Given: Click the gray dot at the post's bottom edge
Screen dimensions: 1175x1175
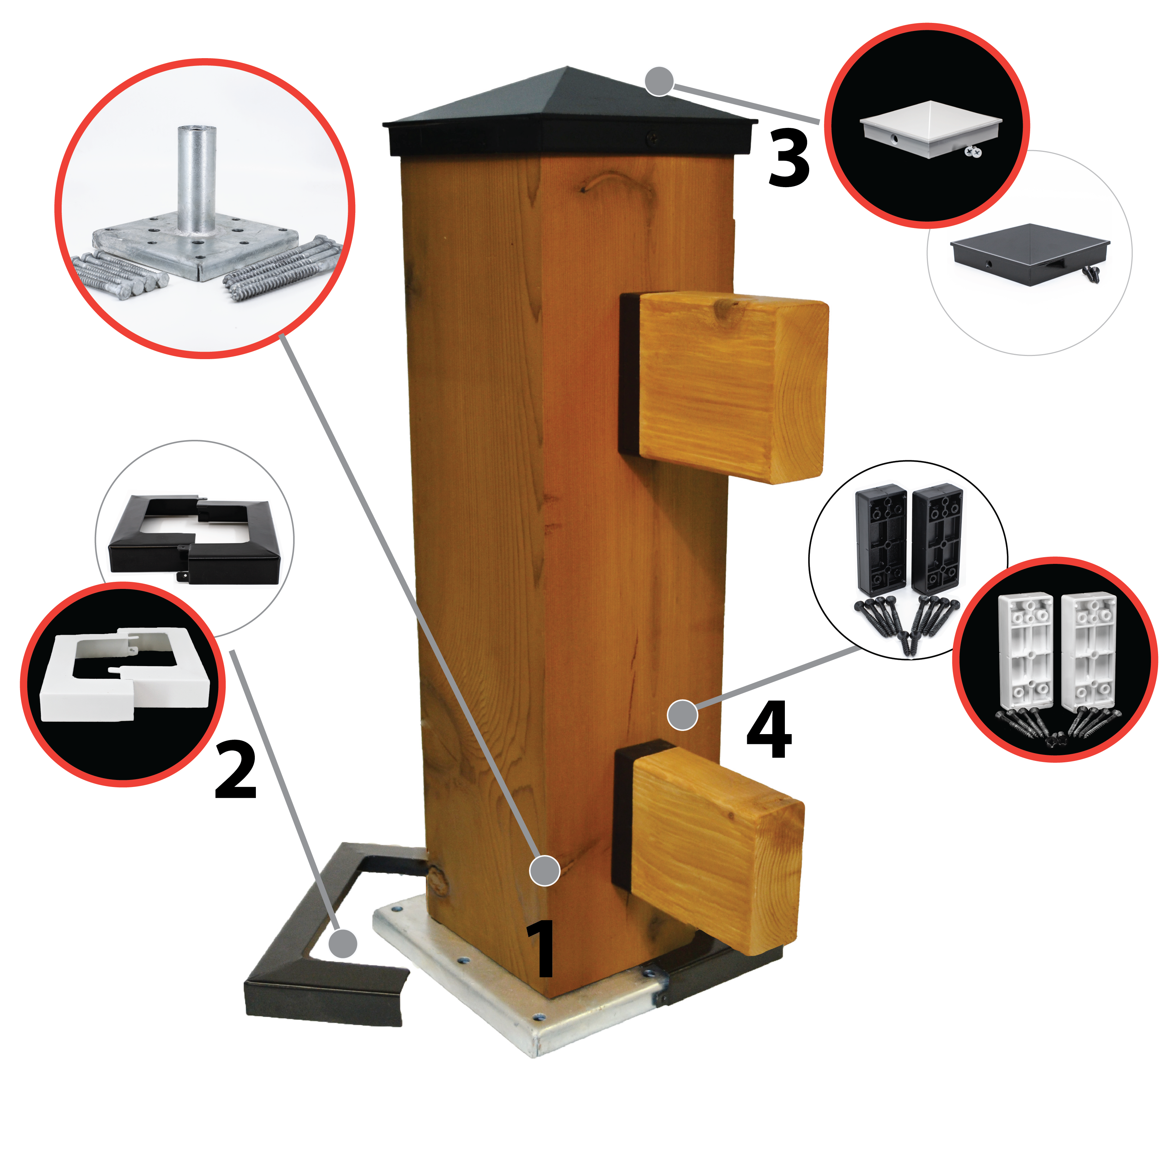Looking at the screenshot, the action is tap(544, 870).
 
